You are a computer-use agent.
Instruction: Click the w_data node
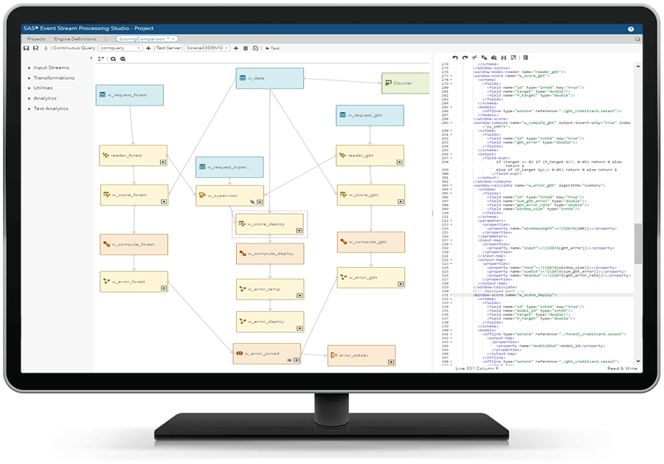269,78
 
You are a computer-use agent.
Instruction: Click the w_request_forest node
129,95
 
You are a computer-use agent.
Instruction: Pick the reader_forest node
133,155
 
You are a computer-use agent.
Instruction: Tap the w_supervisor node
229,195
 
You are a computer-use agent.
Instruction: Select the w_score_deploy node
269,224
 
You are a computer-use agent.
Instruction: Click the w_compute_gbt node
371,242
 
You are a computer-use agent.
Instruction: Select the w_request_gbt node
370,115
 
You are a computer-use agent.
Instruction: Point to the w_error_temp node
269,289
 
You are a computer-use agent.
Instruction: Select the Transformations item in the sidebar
53,77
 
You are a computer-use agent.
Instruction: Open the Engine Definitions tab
73,38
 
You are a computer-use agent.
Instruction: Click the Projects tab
35,38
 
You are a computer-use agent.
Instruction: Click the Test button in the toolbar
273,48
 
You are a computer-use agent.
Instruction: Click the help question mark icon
631,30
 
